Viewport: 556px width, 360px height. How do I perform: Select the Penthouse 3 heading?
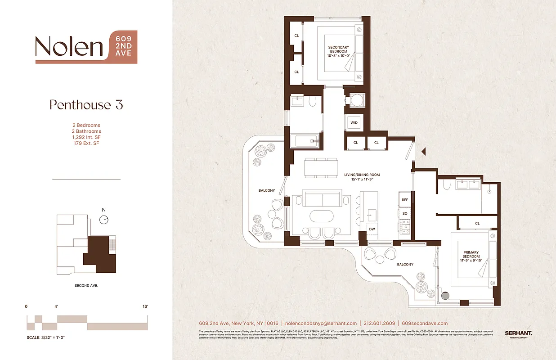tap(86, 105)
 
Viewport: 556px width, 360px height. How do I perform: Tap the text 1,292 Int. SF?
tap(87, 137)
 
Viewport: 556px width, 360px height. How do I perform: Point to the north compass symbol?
tap(104, 219)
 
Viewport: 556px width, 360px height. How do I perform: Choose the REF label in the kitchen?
tap(404, 200)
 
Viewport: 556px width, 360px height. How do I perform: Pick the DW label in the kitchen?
tap(372, 229)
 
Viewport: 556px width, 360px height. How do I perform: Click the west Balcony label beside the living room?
tap(266, 191)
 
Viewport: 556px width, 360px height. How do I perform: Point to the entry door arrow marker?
tap(423, 153)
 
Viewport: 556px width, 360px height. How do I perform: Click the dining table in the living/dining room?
tap(321, 168)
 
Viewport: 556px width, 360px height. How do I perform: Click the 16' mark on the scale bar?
tap(145, 306)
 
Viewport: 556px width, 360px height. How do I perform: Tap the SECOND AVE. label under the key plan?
tap(86, 286)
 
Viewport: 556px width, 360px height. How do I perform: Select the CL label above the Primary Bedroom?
tap(477, 223)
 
